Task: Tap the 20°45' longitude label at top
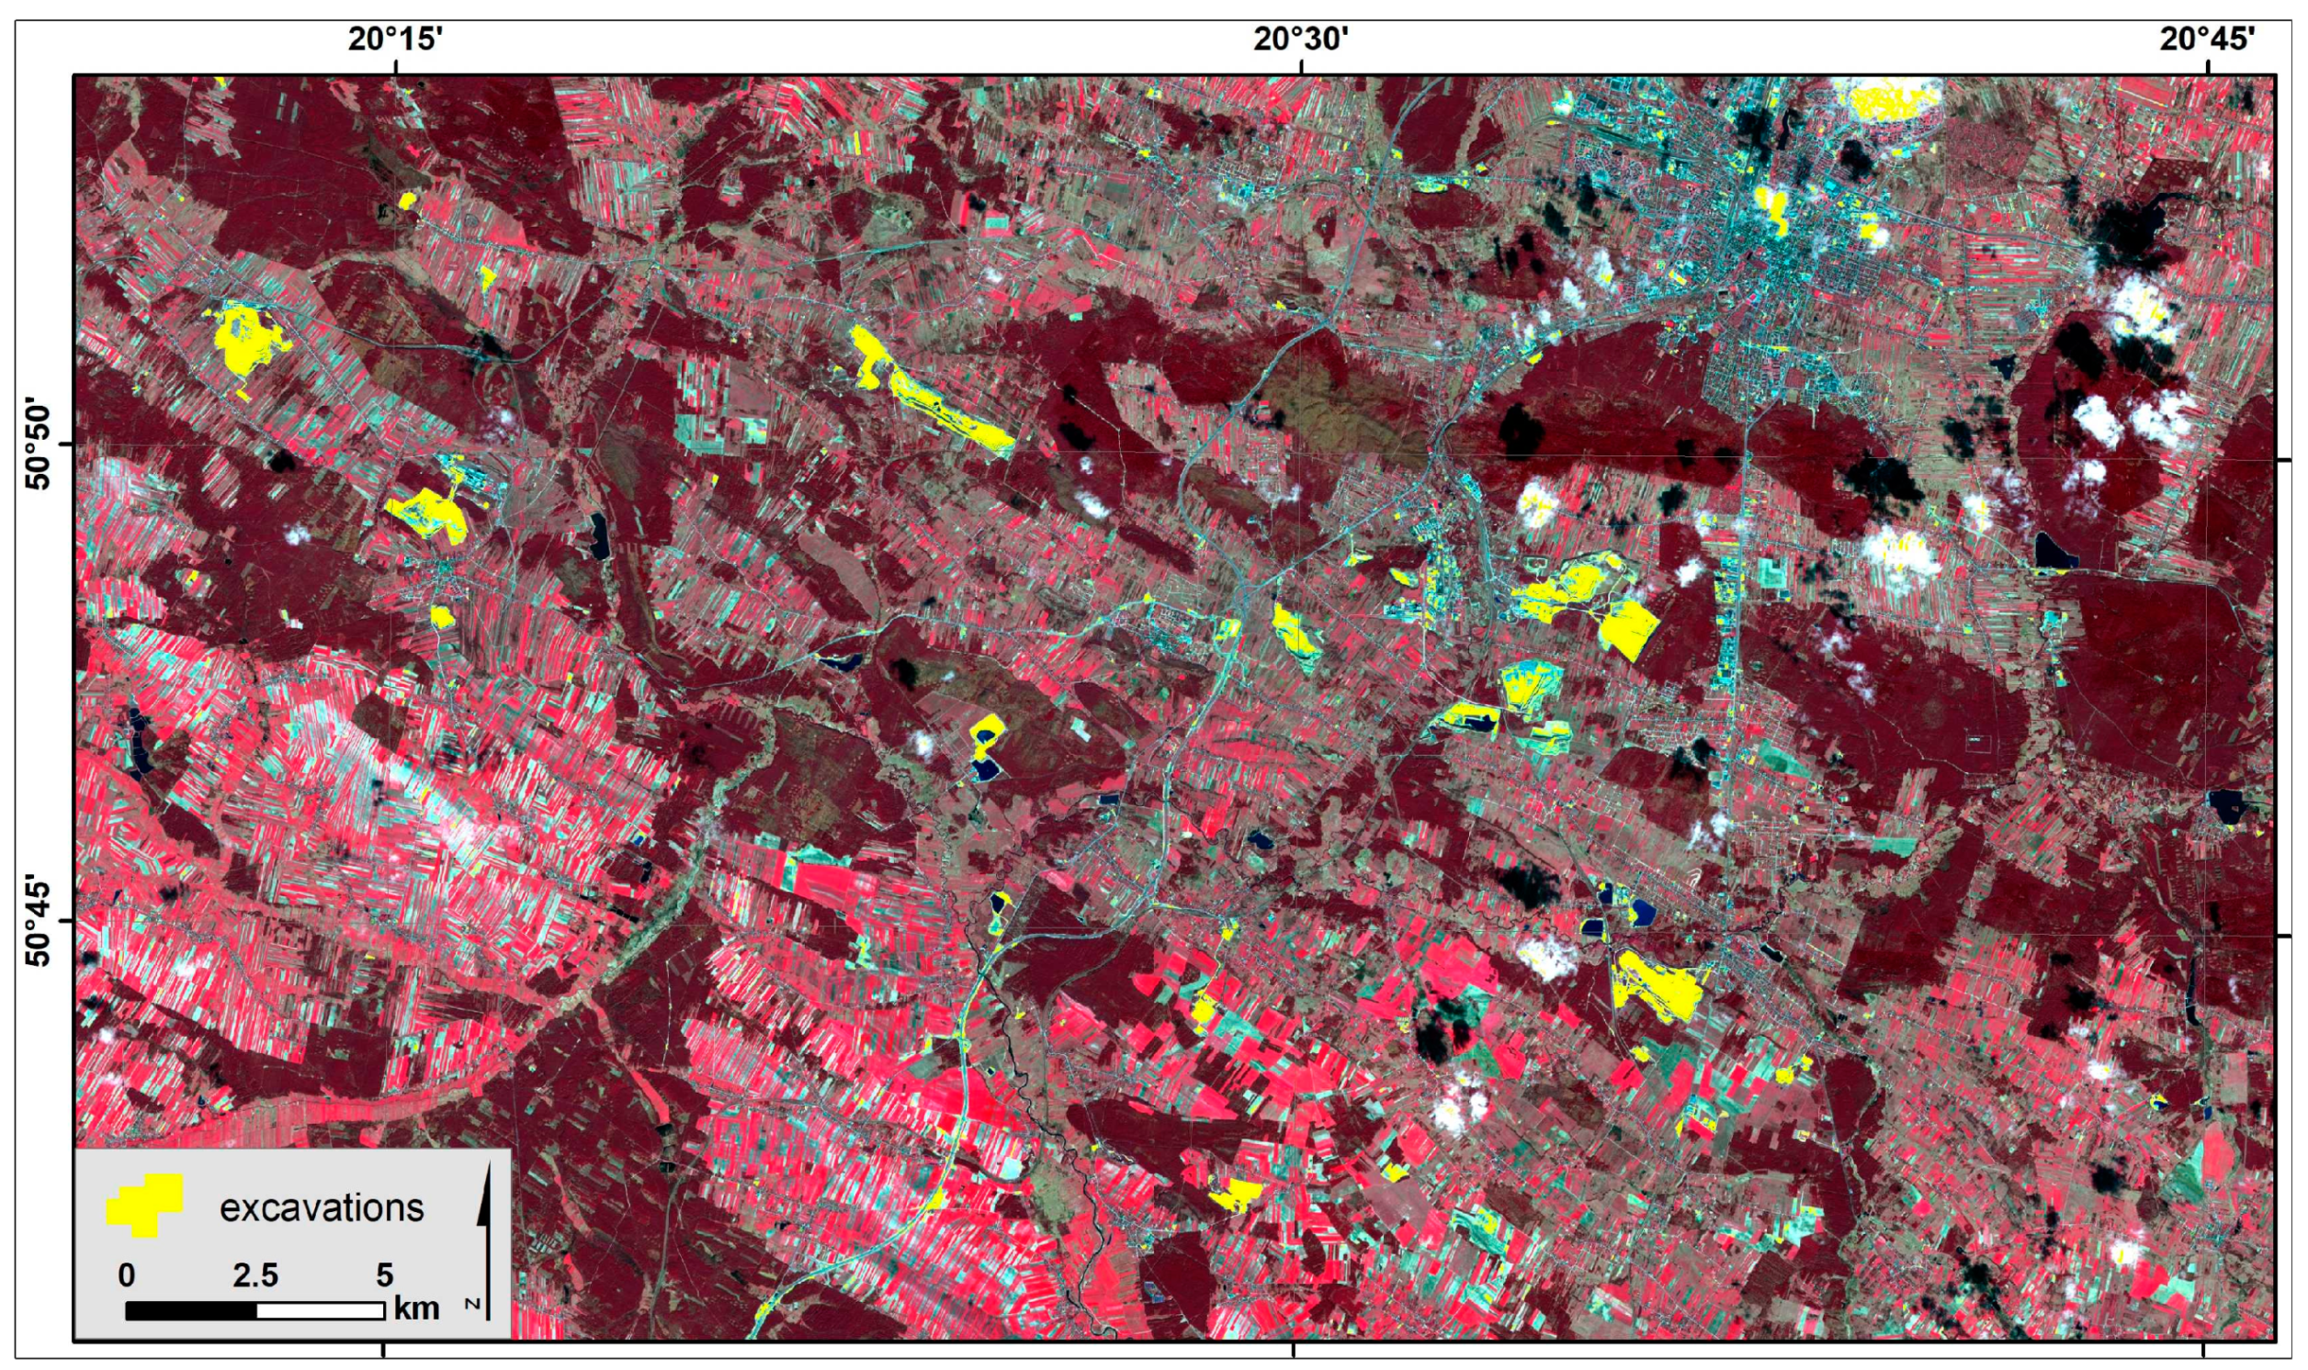coord(2209,39)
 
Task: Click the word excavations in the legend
coord(322,1207)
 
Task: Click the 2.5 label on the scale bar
coord(255,1275)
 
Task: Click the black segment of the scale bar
coord(190,1310)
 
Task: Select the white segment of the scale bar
coord(321,1310)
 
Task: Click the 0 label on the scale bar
coord(127,1275)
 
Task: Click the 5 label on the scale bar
coord(384,1275)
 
